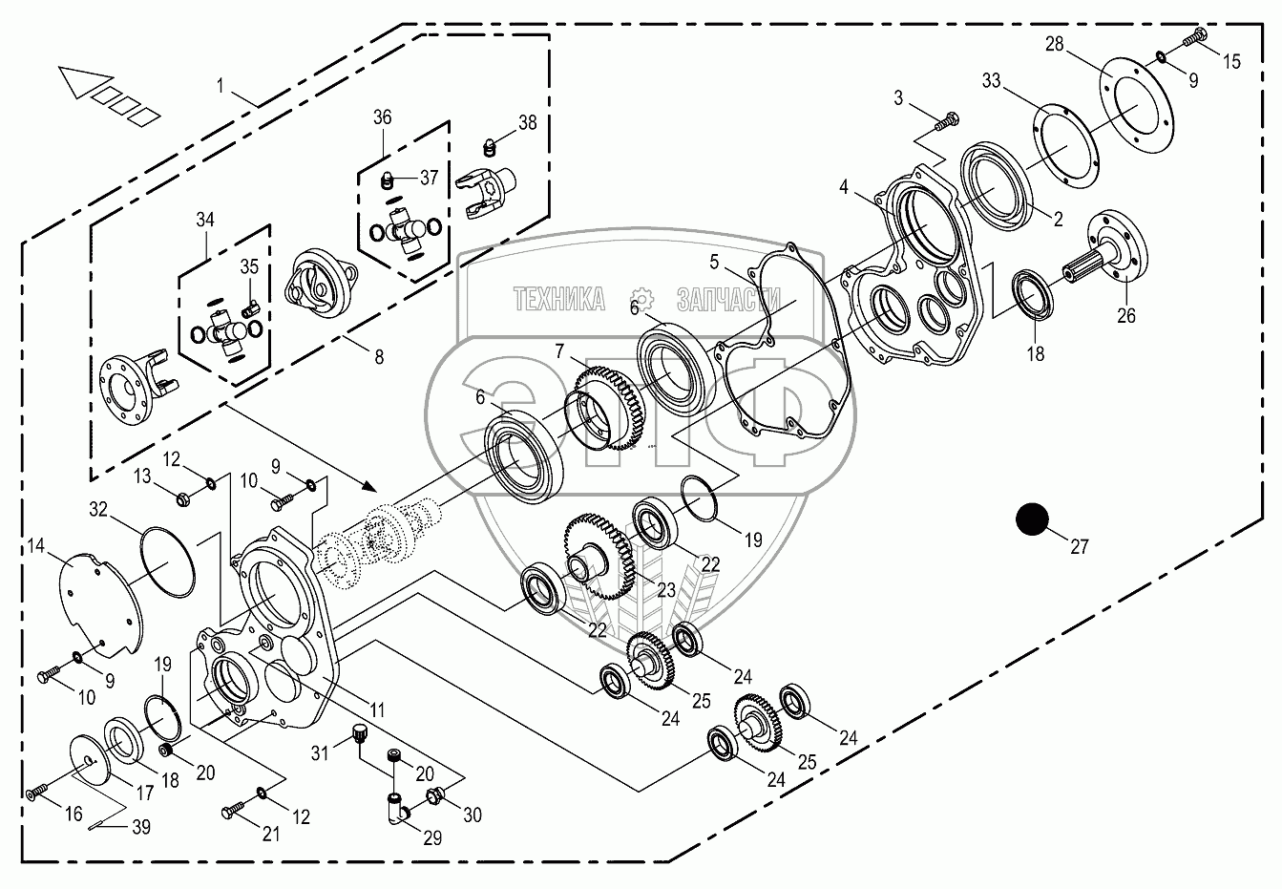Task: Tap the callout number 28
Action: (1054, 45)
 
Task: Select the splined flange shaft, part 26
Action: (1113, 252)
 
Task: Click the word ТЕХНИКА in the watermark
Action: (558, 300)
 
